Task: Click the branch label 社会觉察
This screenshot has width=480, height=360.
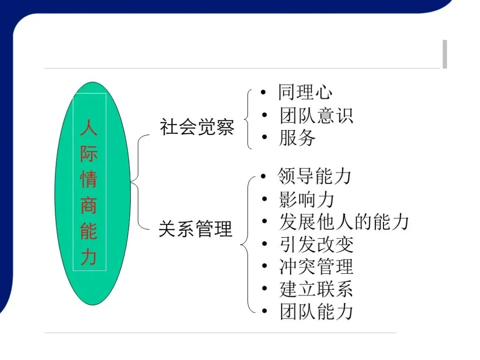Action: coord(197,127)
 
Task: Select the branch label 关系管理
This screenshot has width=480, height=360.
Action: coord(195,229)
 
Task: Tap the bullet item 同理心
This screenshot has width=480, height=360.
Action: coord(305,92)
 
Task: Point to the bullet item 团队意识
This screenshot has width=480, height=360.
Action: coord(316,115)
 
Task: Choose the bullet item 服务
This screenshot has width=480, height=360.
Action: coord(298,138)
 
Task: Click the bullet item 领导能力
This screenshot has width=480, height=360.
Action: coord(315,176)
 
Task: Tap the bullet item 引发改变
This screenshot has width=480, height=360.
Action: coord(316,244)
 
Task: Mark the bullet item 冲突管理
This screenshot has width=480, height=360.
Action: coord(316,267)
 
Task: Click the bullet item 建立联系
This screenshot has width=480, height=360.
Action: coord(316,289)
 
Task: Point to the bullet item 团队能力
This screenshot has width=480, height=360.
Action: coord(316,312)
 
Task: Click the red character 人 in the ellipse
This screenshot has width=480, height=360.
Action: coord(89,127)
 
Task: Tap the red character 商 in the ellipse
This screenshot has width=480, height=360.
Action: coord(89,206)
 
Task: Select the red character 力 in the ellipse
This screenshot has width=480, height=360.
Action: coord(89,257)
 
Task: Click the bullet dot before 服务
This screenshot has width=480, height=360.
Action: coord(265,137)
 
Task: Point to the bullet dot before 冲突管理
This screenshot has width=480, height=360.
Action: coord(265,266)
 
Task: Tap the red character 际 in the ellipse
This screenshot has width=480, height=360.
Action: coord(89,153)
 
